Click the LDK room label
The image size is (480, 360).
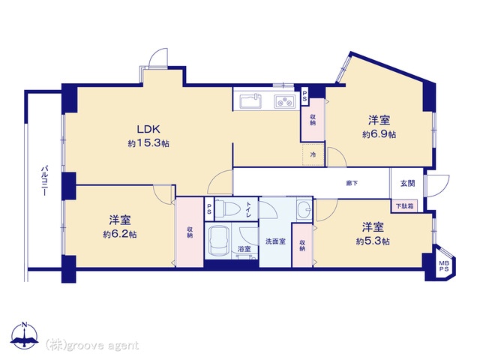[x=148, y=129]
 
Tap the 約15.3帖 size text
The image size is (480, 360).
[x=148, y=143]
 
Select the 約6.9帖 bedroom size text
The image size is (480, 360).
[x=379, y=134]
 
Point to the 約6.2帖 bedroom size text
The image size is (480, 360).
[x=120, y=235]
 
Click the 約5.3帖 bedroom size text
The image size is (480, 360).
[x=373, y=241]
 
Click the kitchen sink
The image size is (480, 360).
[x=250, y=101]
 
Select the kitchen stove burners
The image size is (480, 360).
[x=285, y=102]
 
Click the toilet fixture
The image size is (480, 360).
[x=228, y=208]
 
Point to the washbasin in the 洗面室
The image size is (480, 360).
[x=304, y=208]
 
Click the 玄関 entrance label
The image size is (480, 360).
[x=408, y=183]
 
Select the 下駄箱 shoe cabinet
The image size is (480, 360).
[x=405, y=206]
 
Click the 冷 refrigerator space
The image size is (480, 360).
[x=313, y=154]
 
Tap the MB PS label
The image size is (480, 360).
[x=444, y=266]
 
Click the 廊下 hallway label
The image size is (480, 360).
[x=352, y=183]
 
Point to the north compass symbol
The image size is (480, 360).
[x=24, y=335]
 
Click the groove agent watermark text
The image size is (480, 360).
[x=92, y=346]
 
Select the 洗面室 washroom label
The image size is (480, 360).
[x=275, y=241]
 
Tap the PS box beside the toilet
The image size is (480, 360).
[x=209, y=209]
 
